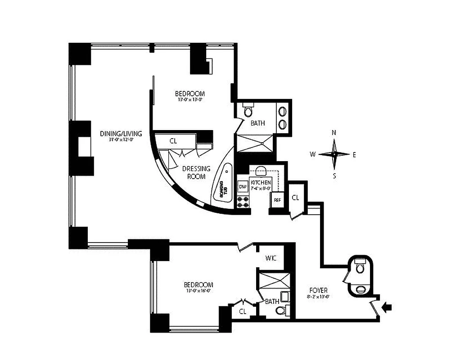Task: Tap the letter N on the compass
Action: tap(334, 133)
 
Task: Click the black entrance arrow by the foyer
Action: tap(387, 307)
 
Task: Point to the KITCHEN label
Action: tap(261, 182)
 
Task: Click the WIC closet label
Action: tap(271, 258)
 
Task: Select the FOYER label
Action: tap(318, 290)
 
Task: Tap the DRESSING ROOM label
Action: tap(196, 172)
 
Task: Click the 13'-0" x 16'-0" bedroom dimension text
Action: tap(198, 291)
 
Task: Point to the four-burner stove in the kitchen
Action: tap(243, 202)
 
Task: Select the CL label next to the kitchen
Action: tap(296, 197)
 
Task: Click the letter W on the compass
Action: tap(312, 154)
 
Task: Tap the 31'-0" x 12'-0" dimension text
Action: tap(121, 139)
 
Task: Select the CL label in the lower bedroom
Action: tap(243, 311)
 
